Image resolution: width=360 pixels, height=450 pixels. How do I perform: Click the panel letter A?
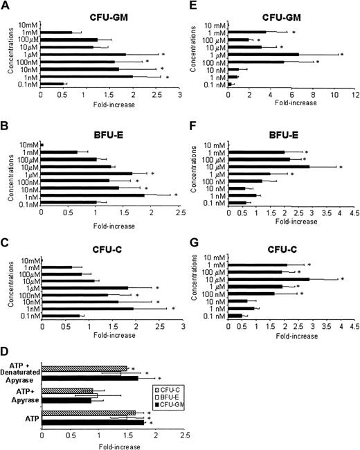click(6, 6)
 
